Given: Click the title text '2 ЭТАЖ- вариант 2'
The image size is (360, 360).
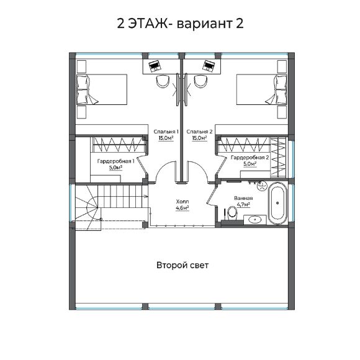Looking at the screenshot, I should tap(179, 24).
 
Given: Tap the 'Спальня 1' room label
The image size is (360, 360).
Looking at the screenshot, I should tap(166, 132).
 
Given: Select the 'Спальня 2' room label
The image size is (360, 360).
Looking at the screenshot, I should tap(199, 132).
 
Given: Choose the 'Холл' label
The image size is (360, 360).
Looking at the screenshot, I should tap(182, 202).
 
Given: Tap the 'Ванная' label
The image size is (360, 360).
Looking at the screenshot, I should tap(243, 198).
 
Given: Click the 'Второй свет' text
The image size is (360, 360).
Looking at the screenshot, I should tap(182, 265).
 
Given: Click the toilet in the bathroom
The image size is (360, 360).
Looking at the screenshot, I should tap(232, 212).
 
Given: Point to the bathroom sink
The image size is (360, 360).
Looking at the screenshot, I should tap(254, 218).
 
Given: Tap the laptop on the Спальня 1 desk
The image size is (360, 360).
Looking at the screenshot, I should tap(154, 64).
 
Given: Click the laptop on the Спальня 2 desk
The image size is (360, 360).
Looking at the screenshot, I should tap(208, 64).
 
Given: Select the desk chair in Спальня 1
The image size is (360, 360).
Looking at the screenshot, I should tap(163, 81).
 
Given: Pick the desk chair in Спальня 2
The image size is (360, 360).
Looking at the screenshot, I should tap(200, 81).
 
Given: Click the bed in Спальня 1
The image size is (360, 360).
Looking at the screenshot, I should tap(101, 90).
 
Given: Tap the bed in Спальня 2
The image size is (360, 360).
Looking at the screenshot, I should tap(261, 90).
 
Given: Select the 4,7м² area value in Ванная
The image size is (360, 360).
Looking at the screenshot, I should tap(243, 204).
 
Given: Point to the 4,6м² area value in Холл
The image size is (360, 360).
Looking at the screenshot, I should tap(182, 209).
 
